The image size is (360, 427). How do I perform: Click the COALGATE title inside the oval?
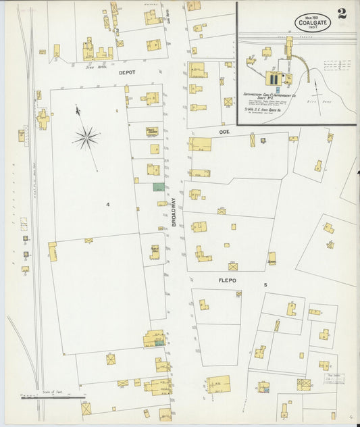(313, 23)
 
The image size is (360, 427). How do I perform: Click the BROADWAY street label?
(174, 211)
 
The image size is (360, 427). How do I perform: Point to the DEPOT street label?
(127, 72)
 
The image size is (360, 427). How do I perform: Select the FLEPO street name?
(226, 279)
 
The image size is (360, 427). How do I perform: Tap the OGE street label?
(224, 132)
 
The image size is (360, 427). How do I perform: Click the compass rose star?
(86, 138)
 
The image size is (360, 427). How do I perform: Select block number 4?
(107, 203)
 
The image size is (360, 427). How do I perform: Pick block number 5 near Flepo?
(265, 285)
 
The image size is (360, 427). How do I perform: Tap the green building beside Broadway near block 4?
(158, 186)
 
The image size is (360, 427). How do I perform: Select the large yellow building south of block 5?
(218, 384)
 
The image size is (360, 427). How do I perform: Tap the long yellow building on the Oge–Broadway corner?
(200, 144)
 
